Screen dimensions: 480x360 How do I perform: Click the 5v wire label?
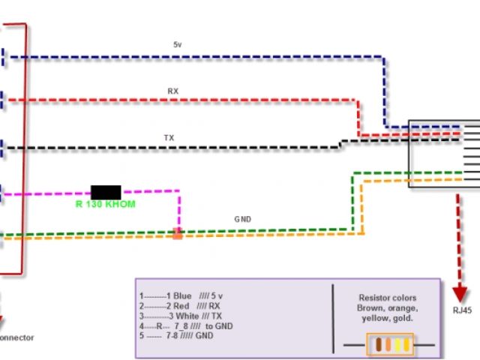[177, 45]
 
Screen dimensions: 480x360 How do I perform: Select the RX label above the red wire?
[173, 91]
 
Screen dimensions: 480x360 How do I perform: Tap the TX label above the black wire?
[169, 138]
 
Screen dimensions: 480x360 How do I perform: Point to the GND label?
[242, 220]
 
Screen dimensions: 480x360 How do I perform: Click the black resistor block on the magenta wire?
[106, 192]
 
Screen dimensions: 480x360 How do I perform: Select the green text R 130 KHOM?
[105, 204]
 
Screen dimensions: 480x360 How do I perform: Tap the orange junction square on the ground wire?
[178, 233]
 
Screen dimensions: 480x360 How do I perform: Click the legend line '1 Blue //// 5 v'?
[181, 296]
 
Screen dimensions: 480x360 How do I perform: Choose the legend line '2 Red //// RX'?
[179, 306]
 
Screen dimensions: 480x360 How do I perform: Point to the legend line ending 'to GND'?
[184, 327]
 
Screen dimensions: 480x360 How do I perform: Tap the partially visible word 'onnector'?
[16, 337]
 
